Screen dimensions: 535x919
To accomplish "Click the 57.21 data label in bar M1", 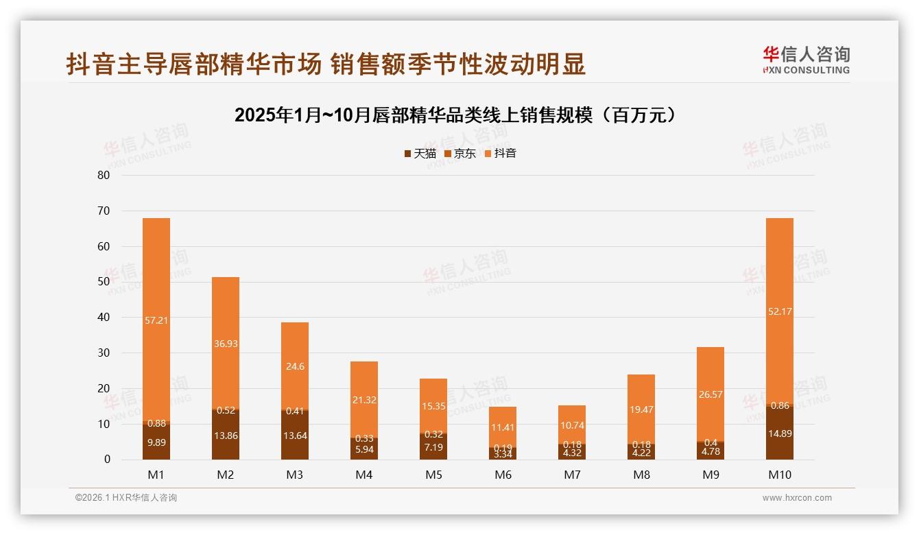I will (x=156, y=320).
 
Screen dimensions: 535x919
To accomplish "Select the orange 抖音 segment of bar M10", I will (x=779, y=274).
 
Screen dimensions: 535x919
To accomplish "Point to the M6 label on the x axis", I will (x=503, y=475).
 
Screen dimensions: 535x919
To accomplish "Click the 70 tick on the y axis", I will (x=104, y=211).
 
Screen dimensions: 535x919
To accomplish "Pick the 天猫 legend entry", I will (x=420, y=153).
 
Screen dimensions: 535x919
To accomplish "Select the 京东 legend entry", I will (x=460, y=153).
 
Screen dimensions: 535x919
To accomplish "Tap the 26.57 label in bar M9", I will (x=711, y=394).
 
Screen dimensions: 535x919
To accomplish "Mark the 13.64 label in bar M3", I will (x=295, y=436).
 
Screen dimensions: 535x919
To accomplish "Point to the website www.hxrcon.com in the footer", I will (x=797, y=498).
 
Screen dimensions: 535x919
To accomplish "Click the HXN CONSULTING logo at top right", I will (x=806, y=60).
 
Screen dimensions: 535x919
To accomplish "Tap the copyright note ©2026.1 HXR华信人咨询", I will (x=126, y=498).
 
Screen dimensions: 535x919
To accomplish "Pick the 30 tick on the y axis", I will (x=104, y=353).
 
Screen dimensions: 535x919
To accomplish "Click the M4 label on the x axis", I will (x=364, y=475).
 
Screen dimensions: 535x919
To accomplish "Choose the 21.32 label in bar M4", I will (x=364, y=400).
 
